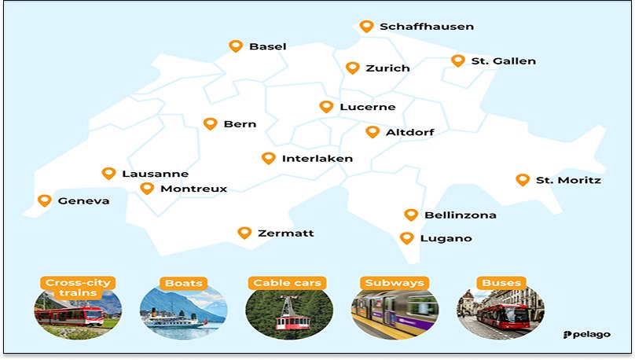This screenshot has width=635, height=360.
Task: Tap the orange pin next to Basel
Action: tap(235, 46)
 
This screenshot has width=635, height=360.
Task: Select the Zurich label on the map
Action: tap(387, 68)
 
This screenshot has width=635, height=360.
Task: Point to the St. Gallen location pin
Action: tap(458, 61)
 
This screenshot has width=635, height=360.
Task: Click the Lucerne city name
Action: tap(367, 107)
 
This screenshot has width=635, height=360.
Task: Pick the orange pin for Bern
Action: tap(210, 123)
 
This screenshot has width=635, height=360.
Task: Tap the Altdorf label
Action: tap(409, 132)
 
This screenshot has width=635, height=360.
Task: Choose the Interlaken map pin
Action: tap(268, 158)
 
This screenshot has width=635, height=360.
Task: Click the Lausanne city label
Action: tap(155, 174)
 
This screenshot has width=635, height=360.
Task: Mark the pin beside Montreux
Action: tap(147, 188)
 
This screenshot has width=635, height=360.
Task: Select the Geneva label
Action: tap(83, 201)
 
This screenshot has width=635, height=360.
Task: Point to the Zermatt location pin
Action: tap(244, 233)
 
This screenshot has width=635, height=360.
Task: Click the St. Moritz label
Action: tap(568, 181)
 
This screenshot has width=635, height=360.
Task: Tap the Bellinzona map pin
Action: tap(410, 215)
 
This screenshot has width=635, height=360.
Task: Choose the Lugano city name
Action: tap(446, 238)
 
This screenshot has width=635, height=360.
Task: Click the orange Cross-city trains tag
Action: tap(78, 288)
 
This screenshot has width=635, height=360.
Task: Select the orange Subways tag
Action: tap(394, 283)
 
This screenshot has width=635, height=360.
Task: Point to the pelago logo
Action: tap(588, 335)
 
